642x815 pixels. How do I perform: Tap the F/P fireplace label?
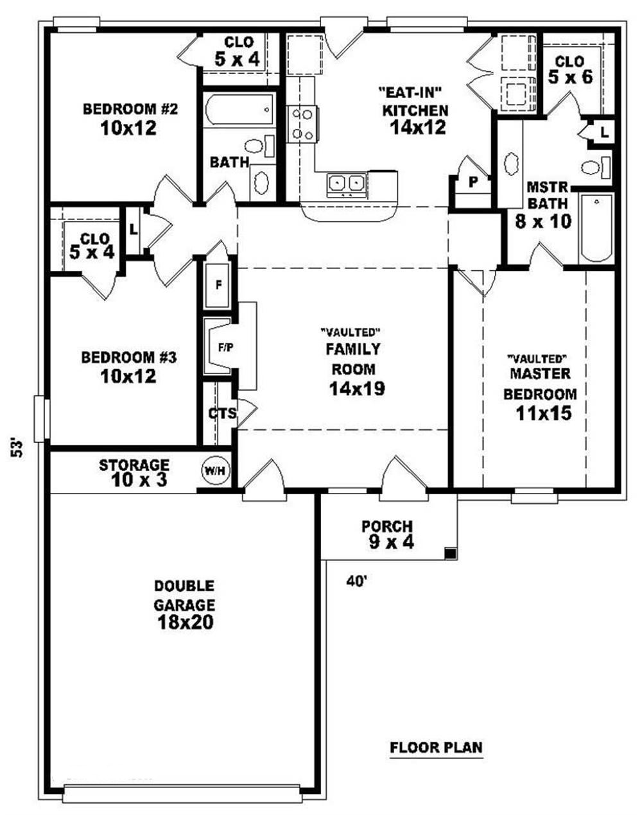pos(225,348)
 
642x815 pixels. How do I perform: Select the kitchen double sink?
pos(346,184)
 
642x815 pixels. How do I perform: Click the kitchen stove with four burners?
pos(302,124)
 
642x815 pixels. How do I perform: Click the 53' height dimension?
pos(18,447)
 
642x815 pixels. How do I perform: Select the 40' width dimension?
pos(356,581)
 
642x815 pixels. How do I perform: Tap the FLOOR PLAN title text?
pos(437,748)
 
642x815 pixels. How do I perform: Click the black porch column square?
pos(451,553)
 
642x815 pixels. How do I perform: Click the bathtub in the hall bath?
pos(239,110)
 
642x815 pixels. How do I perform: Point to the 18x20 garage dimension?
pos(184,622)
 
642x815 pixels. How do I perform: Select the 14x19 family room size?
pos(356,388)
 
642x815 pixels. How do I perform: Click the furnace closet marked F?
pos(218,285)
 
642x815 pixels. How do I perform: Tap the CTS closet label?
pos(222,413)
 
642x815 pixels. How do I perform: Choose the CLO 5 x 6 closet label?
pos(570,70)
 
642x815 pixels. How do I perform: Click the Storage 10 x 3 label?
pos(134,472)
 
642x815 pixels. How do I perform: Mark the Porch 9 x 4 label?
pos(386,534)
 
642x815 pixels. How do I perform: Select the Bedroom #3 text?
pos(128,357)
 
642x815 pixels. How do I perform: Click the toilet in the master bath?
pos(594,167)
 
